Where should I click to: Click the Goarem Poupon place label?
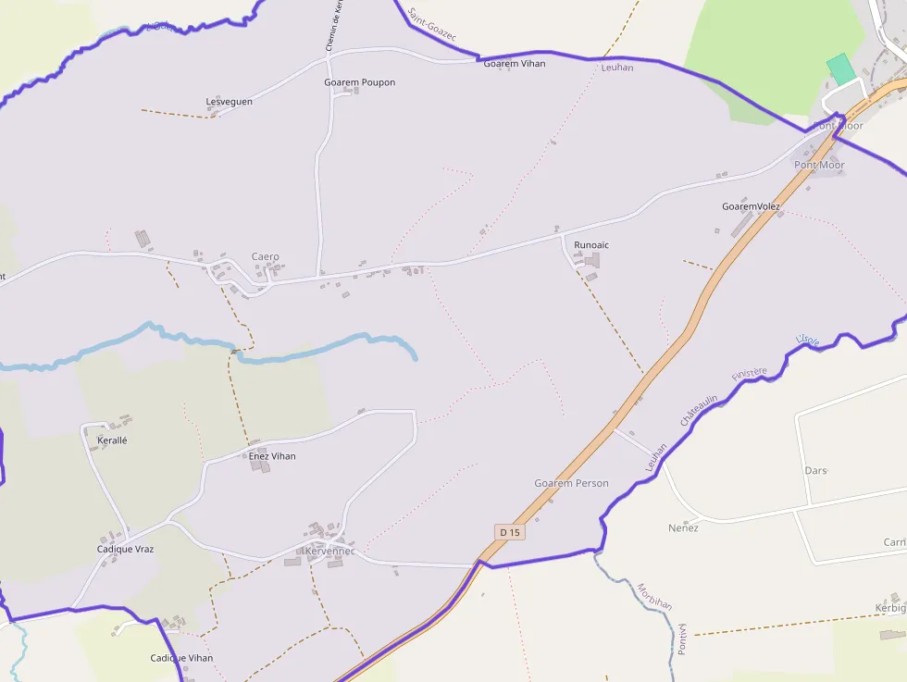pyautogui.click(x=359, y=82)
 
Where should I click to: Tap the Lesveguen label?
pyautogui.click(x=229, y=102)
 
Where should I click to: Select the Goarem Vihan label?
pyautogui.click(x=515, y=64)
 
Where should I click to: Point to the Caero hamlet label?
pyautogui.click(x=265, y=257)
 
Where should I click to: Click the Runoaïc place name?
pyautogui.click(x=591, y=245)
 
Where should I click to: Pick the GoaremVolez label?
pyautogui.click(x=751, y=206)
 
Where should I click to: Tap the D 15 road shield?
pyautogui.click(x=510, y=532)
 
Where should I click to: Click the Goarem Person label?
pyautogui.click(x=571, y=483)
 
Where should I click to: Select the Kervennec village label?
pyautogui.click(x=329, y=552)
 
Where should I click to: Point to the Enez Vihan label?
pyautogui.click(x=272, y=456)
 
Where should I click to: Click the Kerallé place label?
pyautogui.click(x=112, y=440)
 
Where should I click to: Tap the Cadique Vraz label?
pyautogui.click(x=125, y=549)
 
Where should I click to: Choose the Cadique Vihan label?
pyautogui.click(x=181, y=658)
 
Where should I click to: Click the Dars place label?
pyautogui.click(x=815, y=471)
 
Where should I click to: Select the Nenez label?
pyautogui.click(x=683, y=527)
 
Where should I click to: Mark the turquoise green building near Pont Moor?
pyautogui.click(x=840, y=69)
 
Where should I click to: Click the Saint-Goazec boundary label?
pyautogui.click(x=431, y=23)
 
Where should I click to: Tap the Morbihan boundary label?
pyautogui.click(x=654, y=597)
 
